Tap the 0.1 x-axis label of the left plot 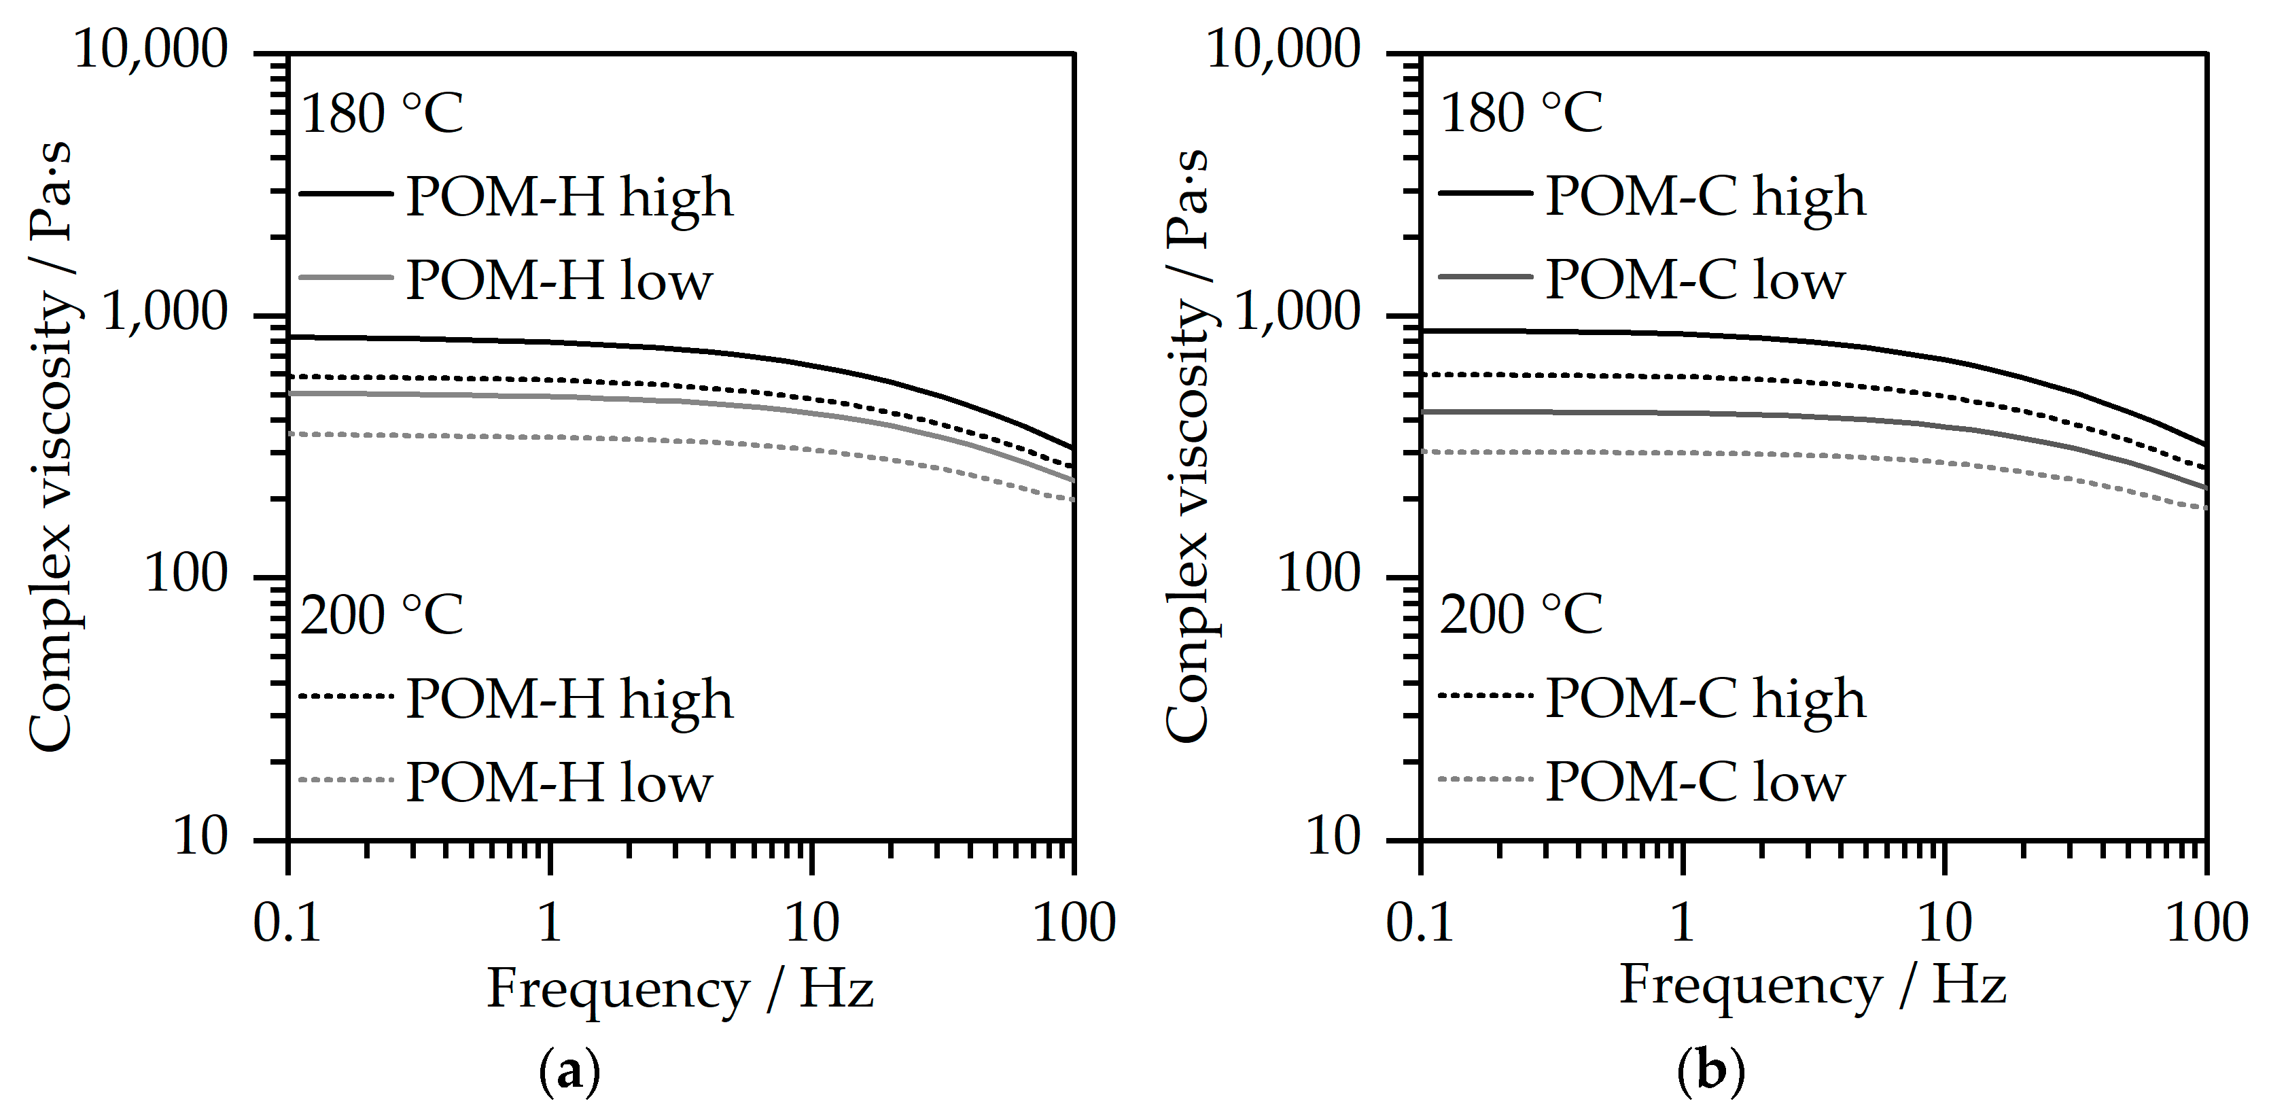(287, 923)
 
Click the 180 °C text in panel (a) (381, 114)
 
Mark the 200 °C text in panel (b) (1522, 614)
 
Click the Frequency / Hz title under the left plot (680, 989)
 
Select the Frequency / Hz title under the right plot (1813, 986)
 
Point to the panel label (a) (569, 1072)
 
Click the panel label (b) (1710, 1072)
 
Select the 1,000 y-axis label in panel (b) (1297, 312)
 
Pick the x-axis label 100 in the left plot (1074, 923)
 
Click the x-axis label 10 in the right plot (1944, 923)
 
